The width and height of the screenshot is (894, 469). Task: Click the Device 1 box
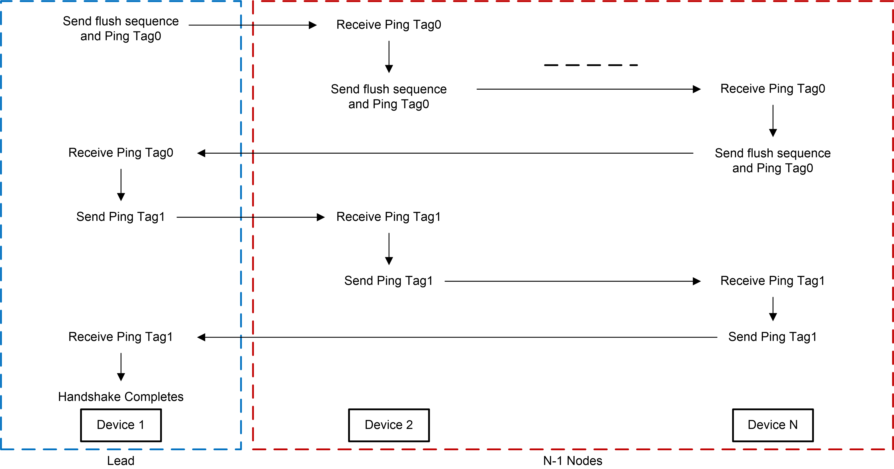[x=121, y=425]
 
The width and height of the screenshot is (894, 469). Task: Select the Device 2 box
[x=389, y=425]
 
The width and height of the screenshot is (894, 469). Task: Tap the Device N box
[x=772, y=425]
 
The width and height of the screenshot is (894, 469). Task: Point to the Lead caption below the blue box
[x=120, y=461]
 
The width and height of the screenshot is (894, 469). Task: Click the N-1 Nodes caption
[x=573, y=461]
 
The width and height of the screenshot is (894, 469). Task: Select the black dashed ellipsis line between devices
[x=591, y=65]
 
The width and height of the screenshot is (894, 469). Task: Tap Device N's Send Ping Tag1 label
[x=772, y=337]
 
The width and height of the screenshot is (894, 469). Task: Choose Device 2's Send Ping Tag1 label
[x=389, y=281]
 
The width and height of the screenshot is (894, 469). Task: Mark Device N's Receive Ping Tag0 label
[x=772, y=89]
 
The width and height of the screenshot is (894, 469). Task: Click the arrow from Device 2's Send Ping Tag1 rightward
[x=573, y=281]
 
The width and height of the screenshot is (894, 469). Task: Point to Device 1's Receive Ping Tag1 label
[x=121, y=337]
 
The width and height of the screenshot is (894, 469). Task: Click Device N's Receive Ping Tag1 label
[x=772, y=281]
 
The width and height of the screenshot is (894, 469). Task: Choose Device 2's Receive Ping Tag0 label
[x=389, y=25]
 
